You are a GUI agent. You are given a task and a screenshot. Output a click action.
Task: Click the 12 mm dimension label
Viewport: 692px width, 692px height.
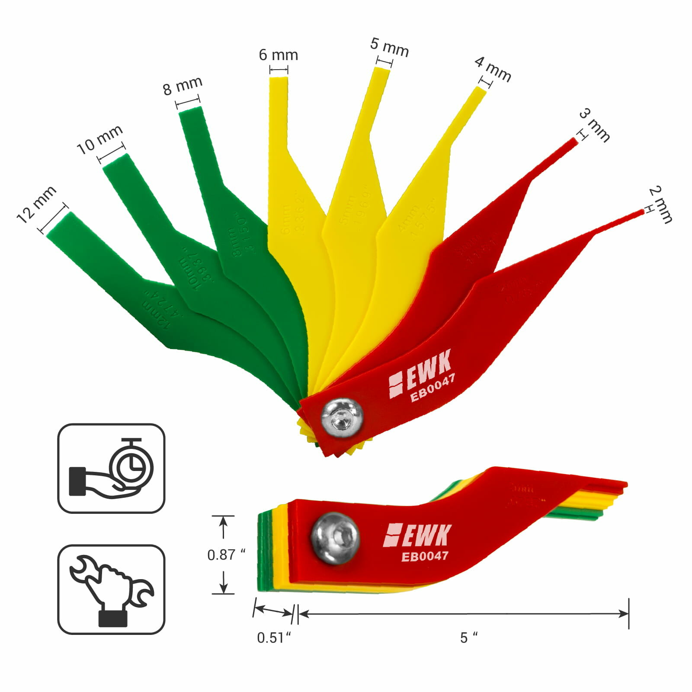[x=36, y=205]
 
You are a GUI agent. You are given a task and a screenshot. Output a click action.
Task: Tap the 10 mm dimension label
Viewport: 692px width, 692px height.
[x=99, y=139]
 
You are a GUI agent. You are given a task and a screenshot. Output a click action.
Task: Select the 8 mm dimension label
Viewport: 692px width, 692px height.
[x=183, y=86]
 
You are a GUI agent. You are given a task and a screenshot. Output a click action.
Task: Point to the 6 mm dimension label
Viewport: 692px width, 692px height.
[x=278, y=55]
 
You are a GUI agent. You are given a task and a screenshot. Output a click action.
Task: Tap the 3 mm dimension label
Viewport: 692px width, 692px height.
[x=595, y=125]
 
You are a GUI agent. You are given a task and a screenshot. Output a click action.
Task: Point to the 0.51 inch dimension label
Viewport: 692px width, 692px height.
[x=274, y=638]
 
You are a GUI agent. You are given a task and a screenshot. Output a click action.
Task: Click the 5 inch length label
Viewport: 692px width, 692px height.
[x=468, y=638]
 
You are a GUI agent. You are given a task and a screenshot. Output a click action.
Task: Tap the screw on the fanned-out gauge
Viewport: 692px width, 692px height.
[x=342, y=418]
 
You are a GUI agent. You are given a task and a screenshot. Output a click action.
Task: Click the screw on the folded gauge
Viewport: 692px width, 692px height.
[x=336, y=538]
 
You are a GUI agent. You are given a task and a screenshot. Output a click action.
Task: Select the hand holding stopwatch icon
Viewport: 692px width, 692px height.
[x=111, y=468]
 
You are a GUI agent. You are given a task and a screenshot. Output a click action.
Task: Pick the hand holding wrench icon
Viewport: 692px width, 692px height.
[x=111, y=589]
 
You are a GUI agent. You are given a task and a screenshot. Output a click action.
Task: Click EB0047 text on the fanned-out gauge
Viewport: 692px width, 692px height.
[x=432, y=388]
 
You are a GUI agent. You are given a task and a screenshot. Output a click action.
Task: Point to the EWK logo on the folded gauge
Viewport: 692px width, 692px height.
[x=417, y=535]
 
